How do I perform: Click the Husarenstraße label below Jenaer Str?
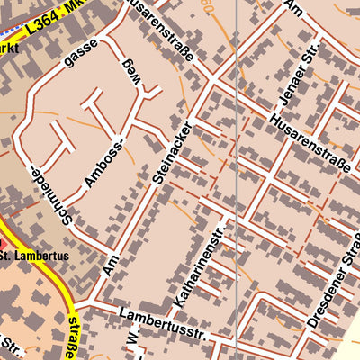(x=310, y=142)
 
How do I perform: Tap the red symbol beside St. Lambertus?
(x=3, y=245)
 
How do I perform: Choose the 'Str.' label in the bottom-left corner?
(x=13, y=346)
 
